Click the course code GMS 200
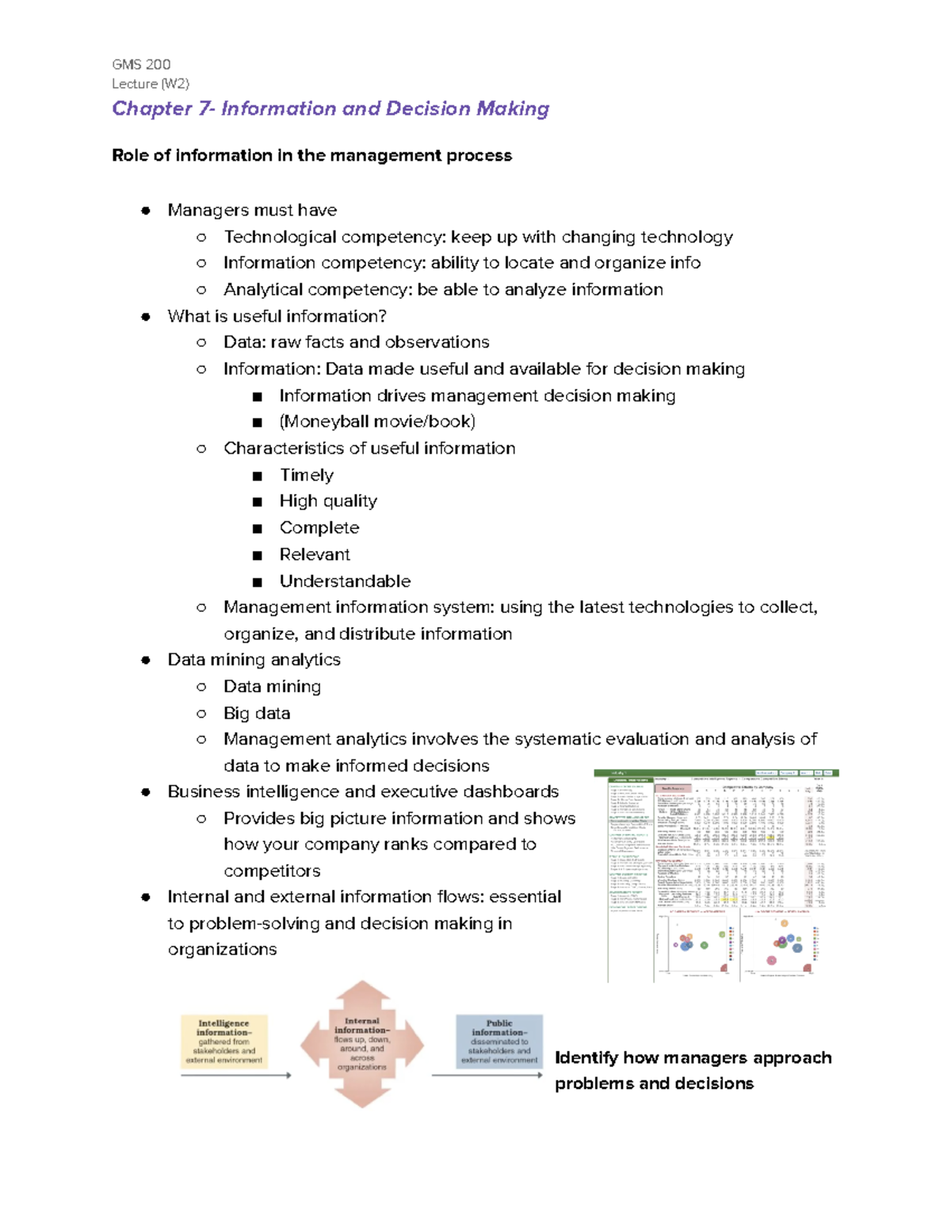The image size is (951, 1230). pyautogui.click(x=141, y=64)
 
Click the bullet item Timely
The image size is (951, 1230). pyautogui.click(x=307, y=475)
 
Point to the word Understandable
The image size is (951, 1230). pyautogui.click(x=345, y=581)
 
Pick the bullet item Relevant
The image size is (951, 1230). pyautogui.click(x=315, y=554)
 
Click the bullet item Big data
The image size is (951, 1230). pyautogui.click(x=257, y=714)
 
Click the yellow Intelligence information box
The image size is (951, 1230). pyautogui.click(x=224, y=1041)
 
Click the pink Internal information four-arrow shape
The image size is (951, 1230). pyautogui.click(x=362, y=1045)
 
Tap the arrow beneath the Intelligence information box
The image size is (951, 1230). pyautogui.click(x=235, y=1076)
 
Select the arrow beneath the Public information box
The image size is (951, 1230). pyautogui.click(x=486, y=1076)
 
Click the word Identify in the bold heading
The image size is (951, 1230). pyautogui.click(x=586, y=1058)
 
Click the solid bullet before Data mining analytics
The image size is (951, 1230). pyautogui.click(x=146, y=661)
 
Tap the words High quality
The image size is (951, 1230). pyautogui.click(x=328, y=501)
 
